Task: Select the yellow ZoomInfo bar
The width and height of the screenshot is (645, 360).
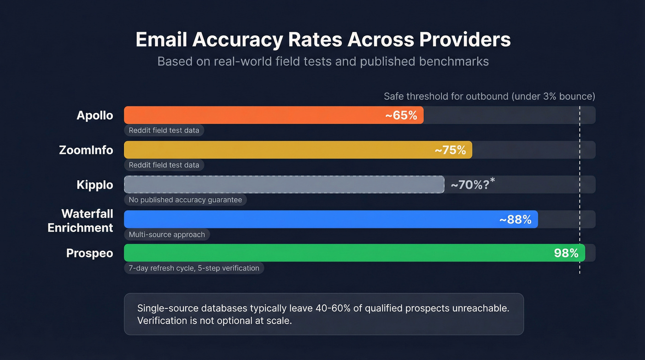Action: click(276, 150)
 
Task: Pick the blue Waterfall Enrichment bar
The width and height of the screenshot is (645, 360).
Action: click(309, 219)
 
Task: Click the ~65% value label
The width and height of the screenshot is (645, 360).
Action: click(401, 115)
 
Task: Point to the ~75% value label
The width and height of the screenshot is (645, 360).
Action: click(450, 150)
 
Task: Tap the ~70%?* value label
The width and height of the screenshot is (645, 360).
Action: click(472, 184)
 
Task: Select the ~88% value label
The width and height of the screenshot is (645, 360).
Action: click(515, 219)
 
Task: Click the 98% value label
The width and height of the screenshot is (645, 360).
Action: click(566, 253)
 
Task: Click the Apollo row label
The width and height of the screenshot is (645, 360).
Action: click(94, 115)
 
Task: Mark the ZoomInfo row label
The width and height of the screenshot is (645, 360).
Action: click(86, 150)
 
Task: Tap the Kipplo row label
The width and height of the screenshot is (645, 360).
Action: click(94, 185)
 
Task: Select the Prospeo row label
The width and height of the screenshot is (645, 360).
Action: click(89, 253)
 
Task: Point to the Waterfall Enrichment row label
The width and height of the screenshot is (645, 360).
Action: click(81, 220)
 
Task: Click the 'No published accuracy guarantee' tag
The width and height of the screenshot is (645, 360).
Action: click(185, 200)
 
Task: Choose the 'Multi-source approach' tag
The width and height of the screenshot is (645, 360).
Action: click(167, 234)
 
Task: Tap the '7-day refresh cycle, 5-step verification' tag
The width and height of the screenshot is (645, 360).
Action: click(194, 268)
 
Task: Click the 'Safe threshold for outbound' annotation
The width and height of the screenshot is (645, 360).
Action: click(489, 96)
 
